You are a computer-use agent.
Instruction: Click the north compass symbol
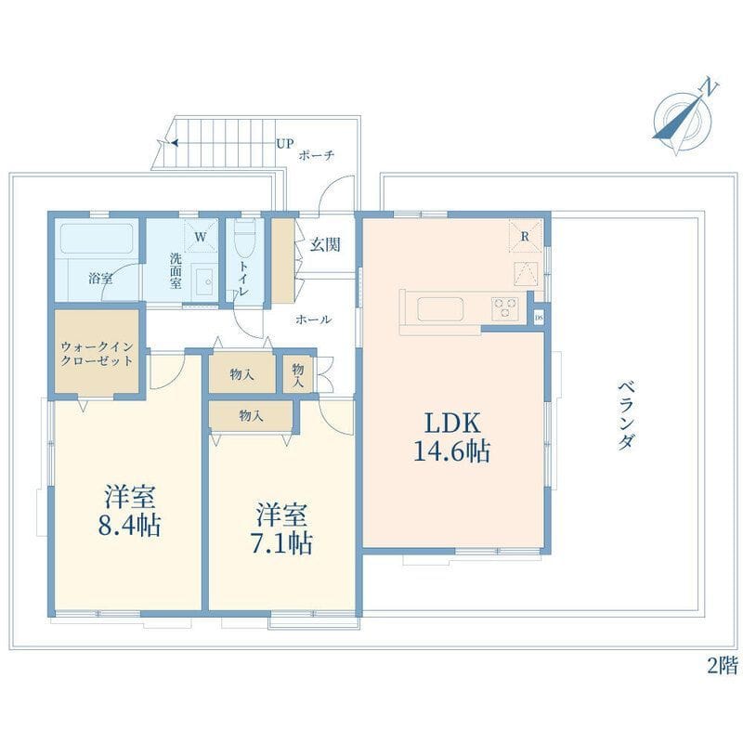pos(684,118)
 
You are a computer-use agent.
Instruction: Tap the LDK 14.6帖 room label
pos(452,437)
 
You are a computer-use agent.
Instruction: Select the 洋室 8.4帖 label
pos(129,511)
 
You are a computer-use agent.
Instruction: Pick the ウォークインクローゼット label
pos(97,354)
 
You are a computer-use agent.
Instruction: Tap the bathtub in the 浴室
pos(98,244)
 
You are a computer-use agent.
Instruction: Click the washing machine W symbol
pos(200,238)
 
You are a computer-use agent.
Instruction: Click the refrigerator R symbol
pos(525,237)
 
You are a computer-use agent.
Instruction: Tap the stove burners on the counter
pos(505,304)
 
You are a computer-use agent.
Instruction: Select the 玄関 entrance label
pos(325,245)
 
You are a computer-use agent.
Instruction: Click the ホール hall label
pos(313,319)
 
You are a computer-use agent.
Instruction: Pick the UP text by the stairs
pos(283,144)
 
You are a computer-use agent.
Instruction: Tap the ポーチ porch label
pos(317,156)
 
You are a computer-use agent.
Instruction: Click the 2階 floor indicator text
pos(722,665)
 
